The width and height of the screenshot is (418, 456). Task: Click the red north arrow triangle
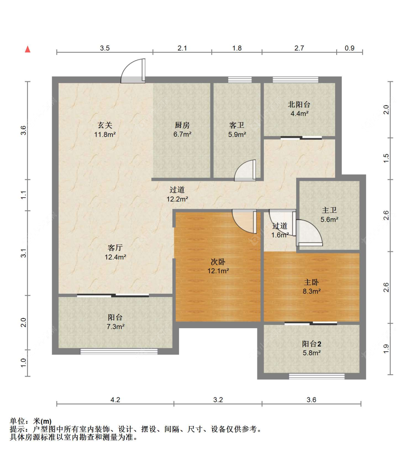pyautogui.click(x=27, y=49)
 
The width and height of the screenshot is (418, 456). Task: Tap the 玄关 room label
pyautogui.click(x=105, y=125)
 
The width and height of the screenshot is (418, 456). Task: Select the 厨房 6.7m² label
pyautogui.click(x=182, y=130)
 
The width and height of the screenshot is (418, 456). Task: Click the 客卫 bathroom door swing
pyautogui.click(x=245, y=170)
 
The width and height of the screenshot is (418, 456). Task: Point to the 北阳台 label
pyautogui.click(x=299, y=104)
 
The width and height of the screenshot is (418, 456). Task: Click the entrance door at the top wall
pyautogui.click(x=133, y=71)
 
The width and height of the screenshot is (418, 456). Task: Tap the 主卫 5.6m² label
pyautogui.click(x=329, y=215)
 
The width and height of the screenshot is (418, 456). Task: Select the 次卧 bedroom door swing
pyautogui.click(x=244, y=221)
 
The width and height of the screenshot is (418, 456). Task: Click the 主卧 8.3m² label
pyautogui.click(x=311, y=286)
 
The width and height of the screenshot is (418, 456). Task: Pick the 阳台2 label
pyautogui.click(x=311, y=344)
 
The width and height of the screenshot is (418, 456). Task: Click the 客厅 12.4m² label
pyautogui.click(x=115, y=252)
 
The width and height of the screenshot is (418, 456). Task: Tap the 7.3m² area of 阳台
pyautogui.click(x=116, y=326)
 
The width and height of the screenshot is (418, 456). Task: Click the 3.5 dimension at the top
pyautogui.click(x=105, y=48)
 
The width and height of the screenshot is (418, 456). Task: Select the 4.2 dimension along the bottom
pyautogui.click(x=115, y=400)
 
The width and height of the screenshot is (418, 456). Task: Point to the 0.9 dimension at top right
pyautogui.click(x=350, y=48)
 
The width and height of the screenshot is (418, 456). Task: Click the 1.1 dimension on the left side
pyautogui.click(x=23, y=195)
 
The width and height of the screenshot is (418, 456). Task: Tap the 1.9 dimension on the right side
pyautogui.click(x=386, y=349)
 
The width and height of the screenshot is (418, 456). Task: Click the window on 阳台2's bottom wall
pyautogui.click(x=317, y=376)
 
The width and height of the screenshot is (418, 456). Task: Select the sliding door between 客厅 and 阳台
pyautogui.click(x=113, y=296)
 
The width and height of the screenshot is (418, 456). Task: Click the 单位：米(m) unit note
pyautogui.click(x=31, y=421)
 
